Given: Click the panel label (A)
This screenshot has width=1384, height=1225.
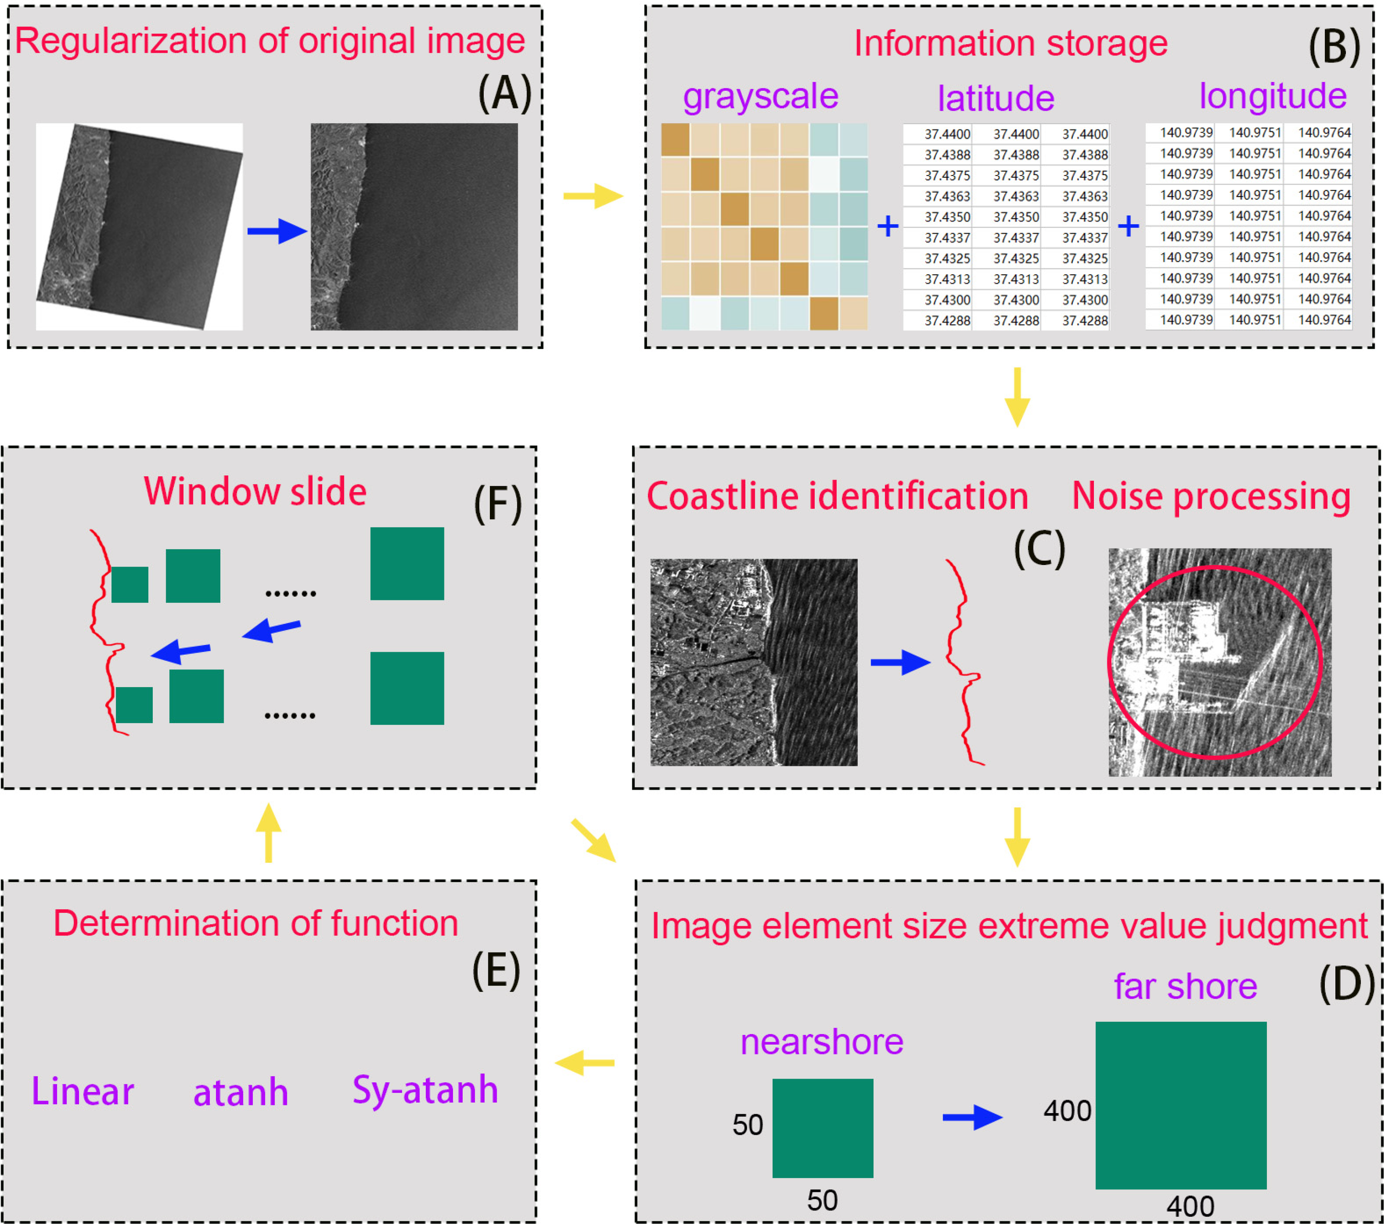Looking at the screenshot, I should point(504,93).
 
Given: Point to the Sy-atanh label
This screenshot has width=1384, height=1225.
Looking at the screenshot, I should point(425,1090).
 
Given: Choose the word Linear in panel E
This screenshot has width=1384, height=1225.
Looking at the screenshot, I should point(82,1092).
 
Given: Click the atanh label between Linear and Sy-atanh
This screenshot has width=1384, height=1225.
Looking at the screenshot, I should point(240,1093).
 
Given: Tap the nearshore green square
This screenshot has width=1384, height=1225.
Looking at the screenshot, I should point(822,1128).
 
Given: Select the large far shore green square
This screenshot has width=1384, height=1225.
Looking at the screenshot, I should point(1180,1106).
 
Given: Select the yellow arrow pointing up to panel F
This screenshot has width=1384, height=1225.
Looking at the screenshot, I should point(269,832).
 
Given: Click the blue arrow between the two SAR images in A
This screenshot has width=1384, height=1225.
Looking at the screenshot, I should point(277,231).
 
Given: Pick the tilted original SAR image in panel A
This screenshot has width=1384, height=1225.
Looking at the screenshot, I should point(139,227).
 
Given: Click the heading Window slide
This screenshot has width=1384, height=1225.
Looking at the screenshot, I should point(255,492).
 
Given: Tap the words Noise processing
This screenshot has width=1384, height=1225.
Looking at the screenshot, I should point(1211,496).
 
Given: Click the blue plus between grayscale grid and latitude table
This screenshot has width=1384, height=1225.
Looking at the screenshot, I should point(887,226).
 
